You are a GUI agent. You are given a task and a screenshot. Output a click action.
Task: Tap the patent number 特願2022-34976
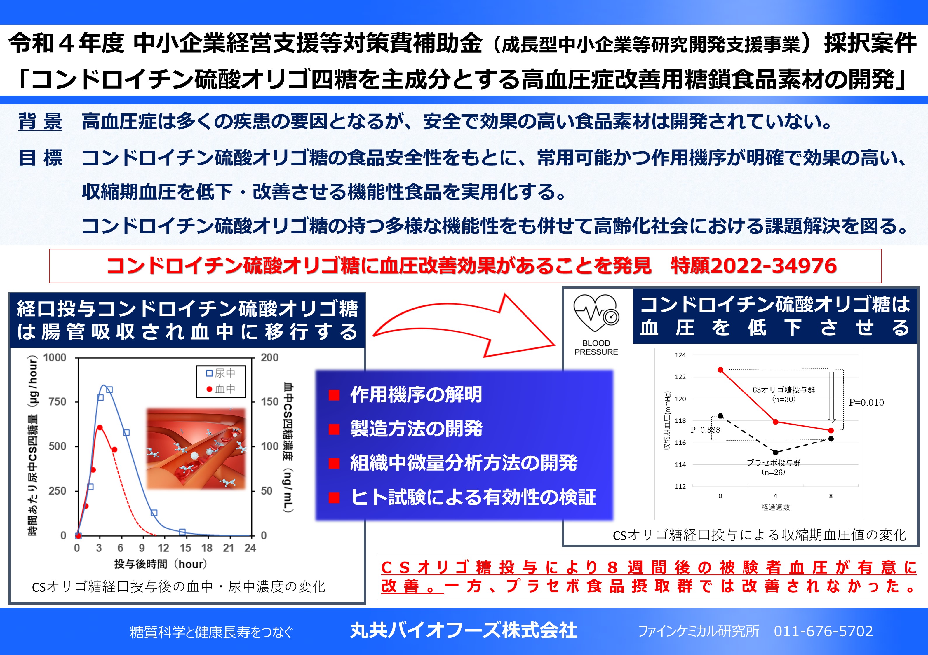point(753,266)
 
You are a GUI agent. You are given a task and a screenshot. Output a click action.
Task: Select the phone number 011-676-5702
point(823,631)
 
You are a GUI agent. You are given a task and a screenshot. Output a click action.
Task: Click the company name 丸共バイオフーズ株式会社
point(464,631)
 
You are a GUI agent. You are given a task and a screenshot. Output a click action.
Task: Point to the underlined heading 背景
point(40,121)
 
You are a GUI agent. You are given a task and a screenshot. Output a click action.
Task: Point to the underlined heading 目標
point(40,157)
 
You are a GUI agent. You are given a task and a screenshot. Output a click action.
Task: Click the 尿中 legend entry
point(221,373)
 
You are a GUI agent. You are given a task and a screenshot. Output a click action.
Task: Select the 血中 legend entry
point(221,389)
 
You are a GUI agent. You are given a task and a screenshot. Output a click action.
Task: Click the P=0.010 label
point(866,402)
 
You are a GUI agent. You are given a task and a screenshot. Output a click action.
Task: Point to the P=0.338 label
point(705,429)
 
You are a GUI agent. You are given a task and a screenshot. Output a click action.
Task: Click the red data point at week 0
point(720,370)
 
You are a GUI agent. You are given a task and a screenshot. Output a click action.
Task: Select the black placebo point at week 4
point(775,453)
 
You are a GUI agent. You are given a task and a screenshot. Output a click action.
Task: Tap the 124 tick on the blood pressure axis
point(680,355)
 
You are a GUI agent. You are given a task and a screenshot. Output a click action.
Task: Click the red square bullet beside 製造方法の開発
point(334,429)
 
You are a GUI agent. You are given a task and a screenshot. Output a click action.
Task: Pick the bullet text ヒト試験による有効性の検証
point(473,497)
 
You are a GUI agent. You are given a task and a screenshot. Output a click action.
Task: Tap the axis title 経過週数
point(775,507)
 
